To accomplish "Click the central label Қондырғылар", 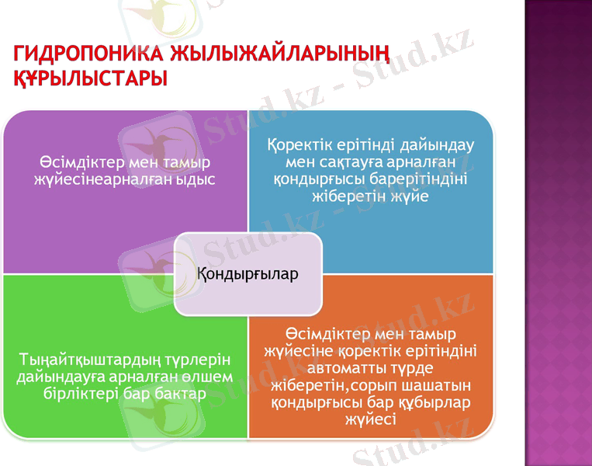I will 248,274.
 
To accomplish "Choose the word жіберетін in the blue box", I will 345,196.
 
